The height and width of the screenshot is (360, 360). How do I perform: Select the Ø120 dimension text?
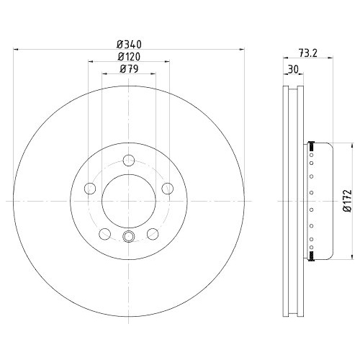click(x=130, y=56)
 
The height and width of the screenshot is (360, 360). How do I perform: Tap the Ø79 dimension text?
click(x=130, y=69)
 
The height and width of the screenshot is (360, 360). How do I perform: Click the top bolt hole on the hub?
click(x=130, y=160)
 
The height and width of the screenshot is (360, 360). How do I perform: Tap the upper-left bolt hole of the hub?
click(x=91, y=188)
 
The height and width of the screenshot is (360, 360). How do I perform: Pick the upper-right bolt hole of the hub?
click(x=168, y=188)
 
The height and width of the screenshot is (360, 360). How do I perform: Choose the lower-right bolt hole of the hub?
click(x=153, y=233)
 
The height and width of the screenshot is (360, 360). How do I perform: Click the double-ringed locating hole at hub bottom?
click(x=130, y=238)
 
